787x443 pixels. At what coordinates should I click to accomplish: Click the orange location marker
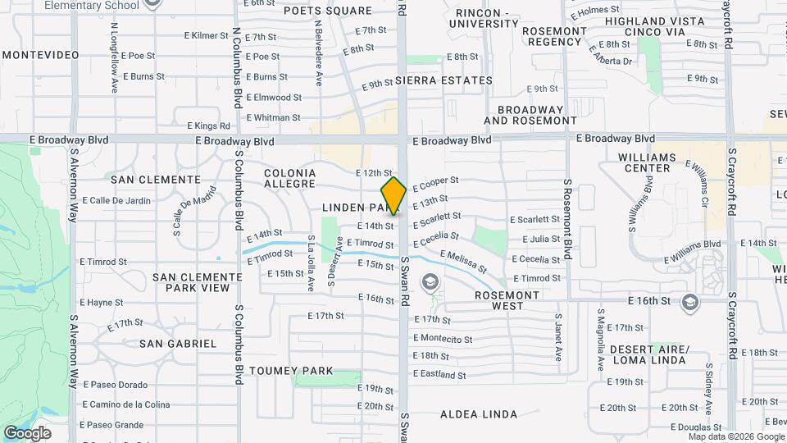pos(393,196)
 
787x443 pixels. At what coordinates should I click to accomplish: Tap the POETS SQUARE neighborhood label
pos(328,11)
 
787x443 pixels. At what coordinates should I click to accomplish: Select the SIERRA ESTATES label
pos(444,81)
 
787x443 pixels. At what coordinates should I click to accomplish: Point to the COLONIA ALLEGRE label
pos(289,179)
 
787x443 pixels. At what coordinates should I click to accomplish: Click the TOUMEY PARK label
pos(291,371)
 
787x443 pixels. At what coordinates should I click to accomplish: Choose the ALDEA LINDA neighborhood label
pos(479,413)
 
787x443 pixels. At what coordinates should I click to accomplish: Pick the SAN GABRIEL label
pos(178,344)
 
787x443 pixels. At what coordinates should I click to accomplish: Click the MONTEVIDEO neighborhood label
pos(40,55)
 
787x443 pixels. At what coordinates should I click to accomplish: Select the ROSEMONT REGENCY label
pos(555,36)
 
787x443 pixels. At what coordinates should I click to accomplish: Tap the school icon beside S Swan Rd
pos(429,283)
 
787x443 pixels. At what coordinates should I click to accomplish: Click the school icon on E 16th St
pos(690,302)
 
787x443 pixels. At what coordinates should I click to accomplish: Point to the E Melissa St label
pos(464,263)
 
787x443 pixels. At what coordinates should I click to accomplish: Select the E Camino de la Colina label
pos(126,404)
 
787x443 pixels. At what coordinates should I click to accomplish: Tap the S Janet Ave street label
pos(558,336)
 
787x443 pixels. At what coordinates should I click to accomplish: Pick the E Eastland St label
pos(439,375)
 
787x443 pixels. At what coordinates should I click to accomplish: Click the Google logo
pos(27,432)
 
